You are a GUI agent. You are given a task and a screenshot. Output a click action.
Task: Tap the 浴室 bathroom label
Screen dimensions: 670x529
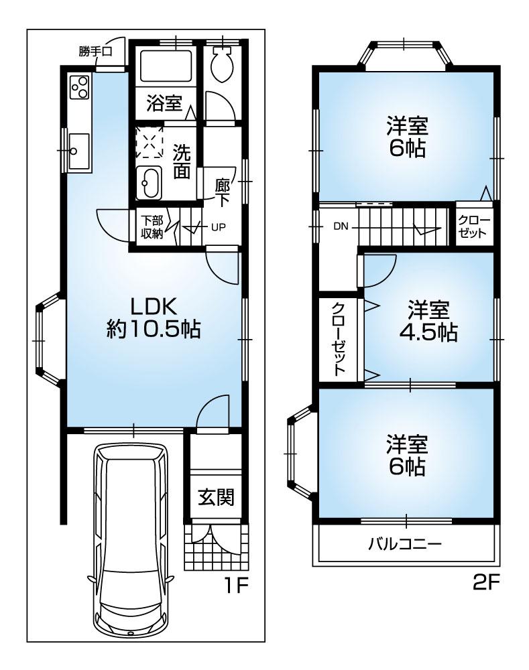pos(164,103)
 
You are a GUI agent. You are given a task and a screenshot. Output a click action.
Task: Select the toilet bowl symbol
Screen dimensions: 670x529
pos(221,66)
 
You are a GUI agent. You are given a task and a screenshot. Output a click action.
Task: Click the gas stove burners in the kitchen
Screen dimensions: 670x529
pos(80,87)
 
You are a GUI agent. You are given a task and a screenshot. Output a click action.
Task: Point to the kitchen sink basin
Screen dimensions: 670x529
pos(79,151)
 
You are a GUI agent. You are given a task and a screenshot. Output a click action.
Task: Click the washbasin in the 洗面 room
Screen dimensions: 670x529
pos(149,182)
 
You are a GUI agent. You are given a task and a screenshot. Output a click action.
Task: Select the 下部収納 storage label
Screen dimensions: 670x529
pos(152,227)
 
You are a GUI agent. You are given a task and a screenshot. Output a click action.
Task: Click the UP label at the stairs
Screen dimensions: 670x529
pos(219,226)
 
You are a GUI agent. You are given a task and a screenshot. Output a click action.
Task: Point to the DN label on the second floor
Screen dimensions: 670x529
pos(341,226)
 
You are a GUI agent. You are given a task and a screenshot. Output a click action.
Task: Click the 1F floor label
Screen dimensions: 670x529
pos(236,587)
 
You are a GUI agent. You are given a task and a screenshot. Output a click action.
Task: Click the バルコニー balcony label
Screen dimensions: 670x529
pos(405,543)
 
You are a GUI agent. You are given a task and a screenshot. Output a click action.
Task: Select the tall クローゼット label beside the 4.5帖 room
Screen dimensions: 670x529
pos(339,338)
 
